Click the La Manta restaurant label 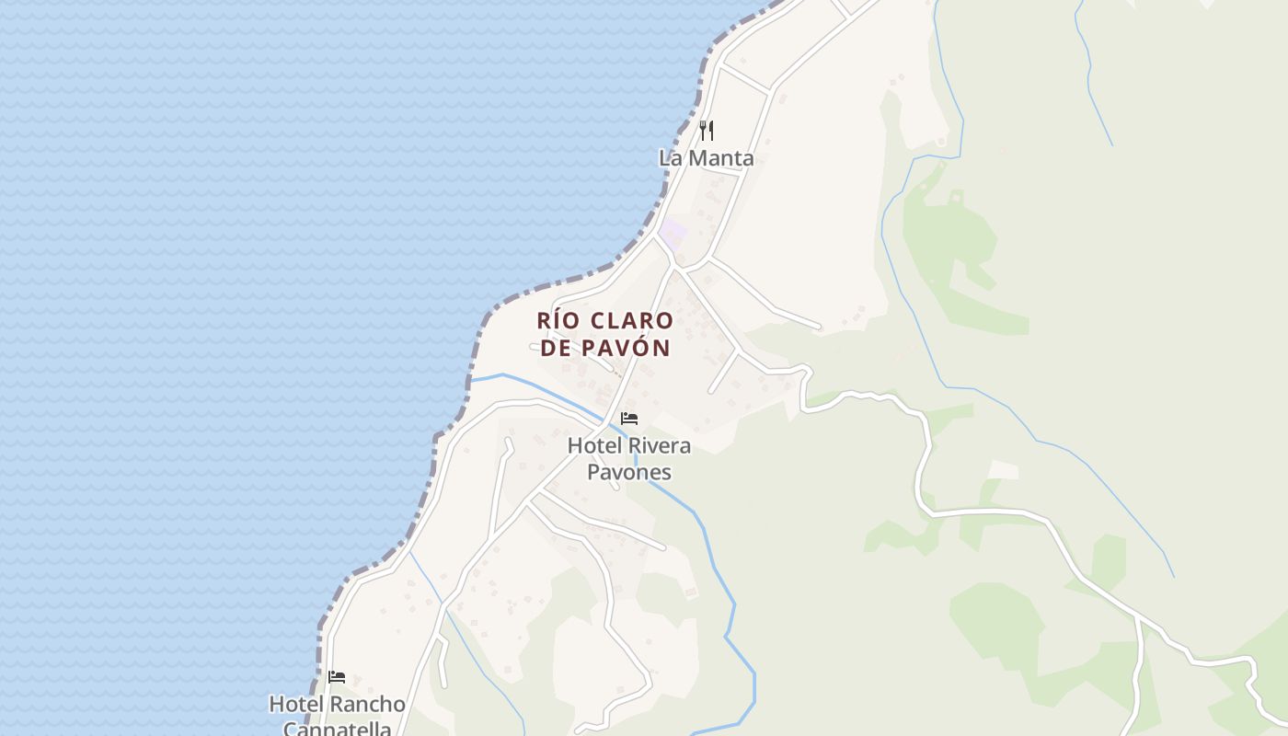coord(706,158)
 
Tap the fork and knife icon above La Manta coord(706,131)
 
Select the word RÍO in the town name coord(557,321)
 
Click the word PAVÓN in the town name coord(625,348)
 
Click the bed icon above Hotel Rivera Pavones coord(629,419)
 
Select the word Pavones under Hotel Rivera coord(629,473)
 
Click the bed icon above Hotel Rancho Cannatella coord(337,677)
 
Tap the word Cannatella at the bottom coord(337,729)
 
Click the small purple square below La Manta coord(673,230)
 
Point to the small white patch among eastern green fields coord(1003,470)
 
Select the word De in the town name coord(558,348)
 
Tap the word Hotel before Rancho coord(295,705)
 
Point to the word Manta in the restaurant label coord(721,158)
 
